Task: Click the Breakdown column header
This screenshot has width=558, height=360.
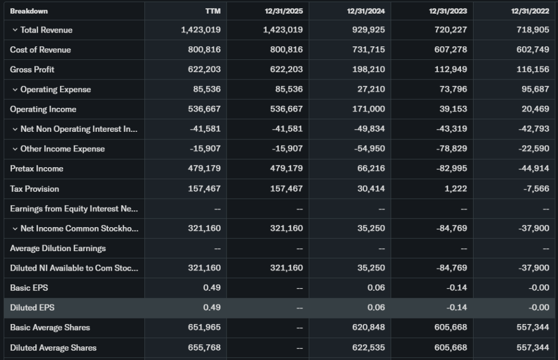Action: coord(29,11)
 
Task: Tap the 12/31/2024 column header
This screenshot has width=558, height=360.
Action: coord(366,11)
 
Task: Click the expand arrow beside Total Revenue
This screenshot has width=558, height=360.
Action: coord(15,30)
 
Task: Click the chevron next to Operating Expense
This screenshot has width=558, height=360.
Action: coord(15,89)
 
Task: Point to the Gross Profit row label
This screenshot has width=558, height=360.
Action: coord(32,70)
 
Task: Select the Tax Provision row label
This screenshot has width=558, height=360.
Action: coord(34,189)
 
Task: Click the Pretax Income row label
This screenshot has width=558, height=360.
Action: coord(37,169)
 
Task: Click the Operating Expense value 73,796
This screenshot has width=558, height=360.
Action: coord(453,89)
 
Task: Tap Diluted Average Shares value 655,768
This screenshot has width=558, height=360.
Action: coord(204,347)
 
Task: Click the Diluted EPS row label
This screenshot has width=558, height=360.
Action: coord(32,308)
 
